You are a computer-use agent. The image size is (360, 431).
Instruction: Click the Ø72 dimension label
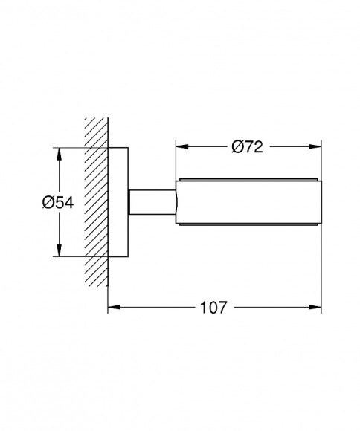coord(247,147)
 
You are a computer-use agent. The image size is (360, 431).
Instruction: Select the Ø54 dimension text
coord(58,203)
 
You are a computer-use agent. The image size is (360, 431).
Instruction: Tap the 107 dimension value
coord(213,308)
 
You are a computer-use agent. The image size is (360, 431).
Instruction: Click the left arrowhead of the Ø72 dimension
coord(182,146)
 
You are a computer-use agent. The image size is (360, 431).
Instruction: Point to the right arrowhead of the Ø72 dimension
coord(315,146)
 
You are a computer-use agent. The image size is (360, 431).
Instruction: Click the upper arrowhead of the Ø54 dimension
coord(59,155)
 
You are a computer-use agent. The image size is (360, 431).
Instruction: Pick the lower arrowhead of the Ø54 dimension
coord(59,250)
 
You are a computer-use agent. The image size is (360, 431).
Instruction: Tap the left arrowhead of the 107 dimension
coord(114,307)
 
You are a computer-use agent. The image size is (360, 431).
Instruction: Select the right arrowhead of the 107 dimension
coord(315,307)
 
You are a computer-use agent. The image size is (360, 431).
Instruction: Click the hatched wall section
coord(96,202)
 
